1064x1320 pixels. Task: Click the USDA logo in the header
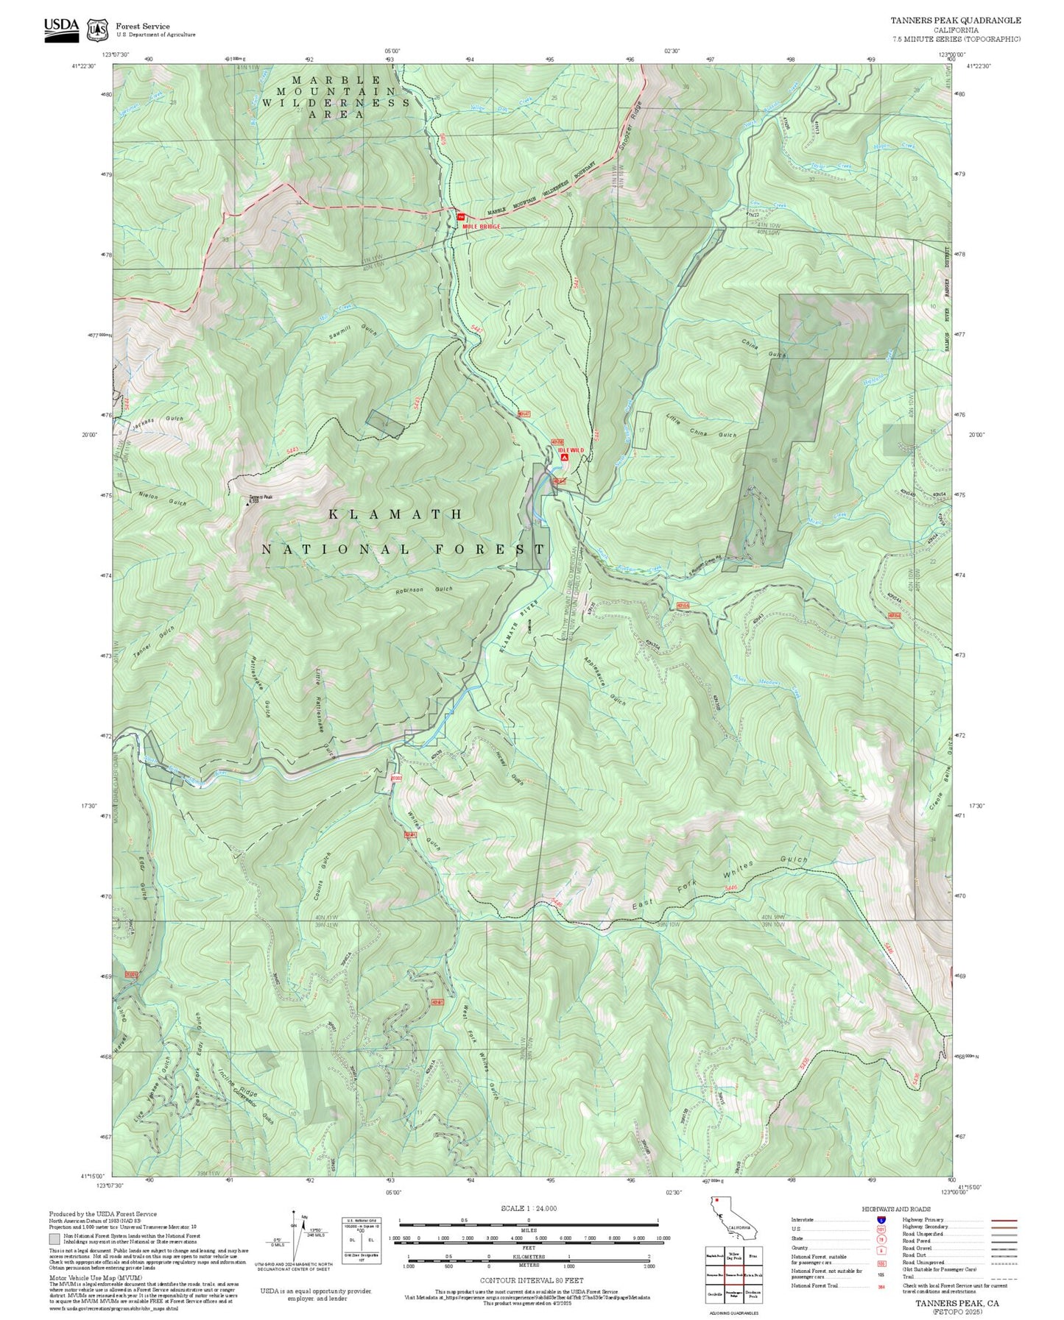coord(61,28)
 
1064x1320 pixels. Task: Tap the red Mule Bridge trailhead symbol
coord(460,216)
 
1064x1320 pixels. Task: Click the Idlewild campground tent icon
coord(564,458)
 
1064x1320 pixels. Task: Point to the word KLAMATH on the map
coord(395,514)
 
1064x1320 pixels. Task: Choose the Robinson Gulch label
coord(423,590)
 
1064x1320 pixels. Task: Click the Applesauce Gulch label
coord(605,681)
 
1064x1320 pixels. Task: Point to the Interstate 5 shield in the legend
coord(880,1220)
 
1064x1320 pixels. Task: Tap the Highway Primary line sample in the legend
coord(1004,1220)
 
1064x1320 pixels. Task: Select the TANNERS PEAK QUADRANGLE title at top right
coord(955,21)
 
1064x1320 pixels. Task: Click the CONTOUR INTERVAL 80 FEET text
coord(528,1280)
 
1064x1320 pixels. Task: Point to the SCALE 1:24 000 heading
coord(528,1208)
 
